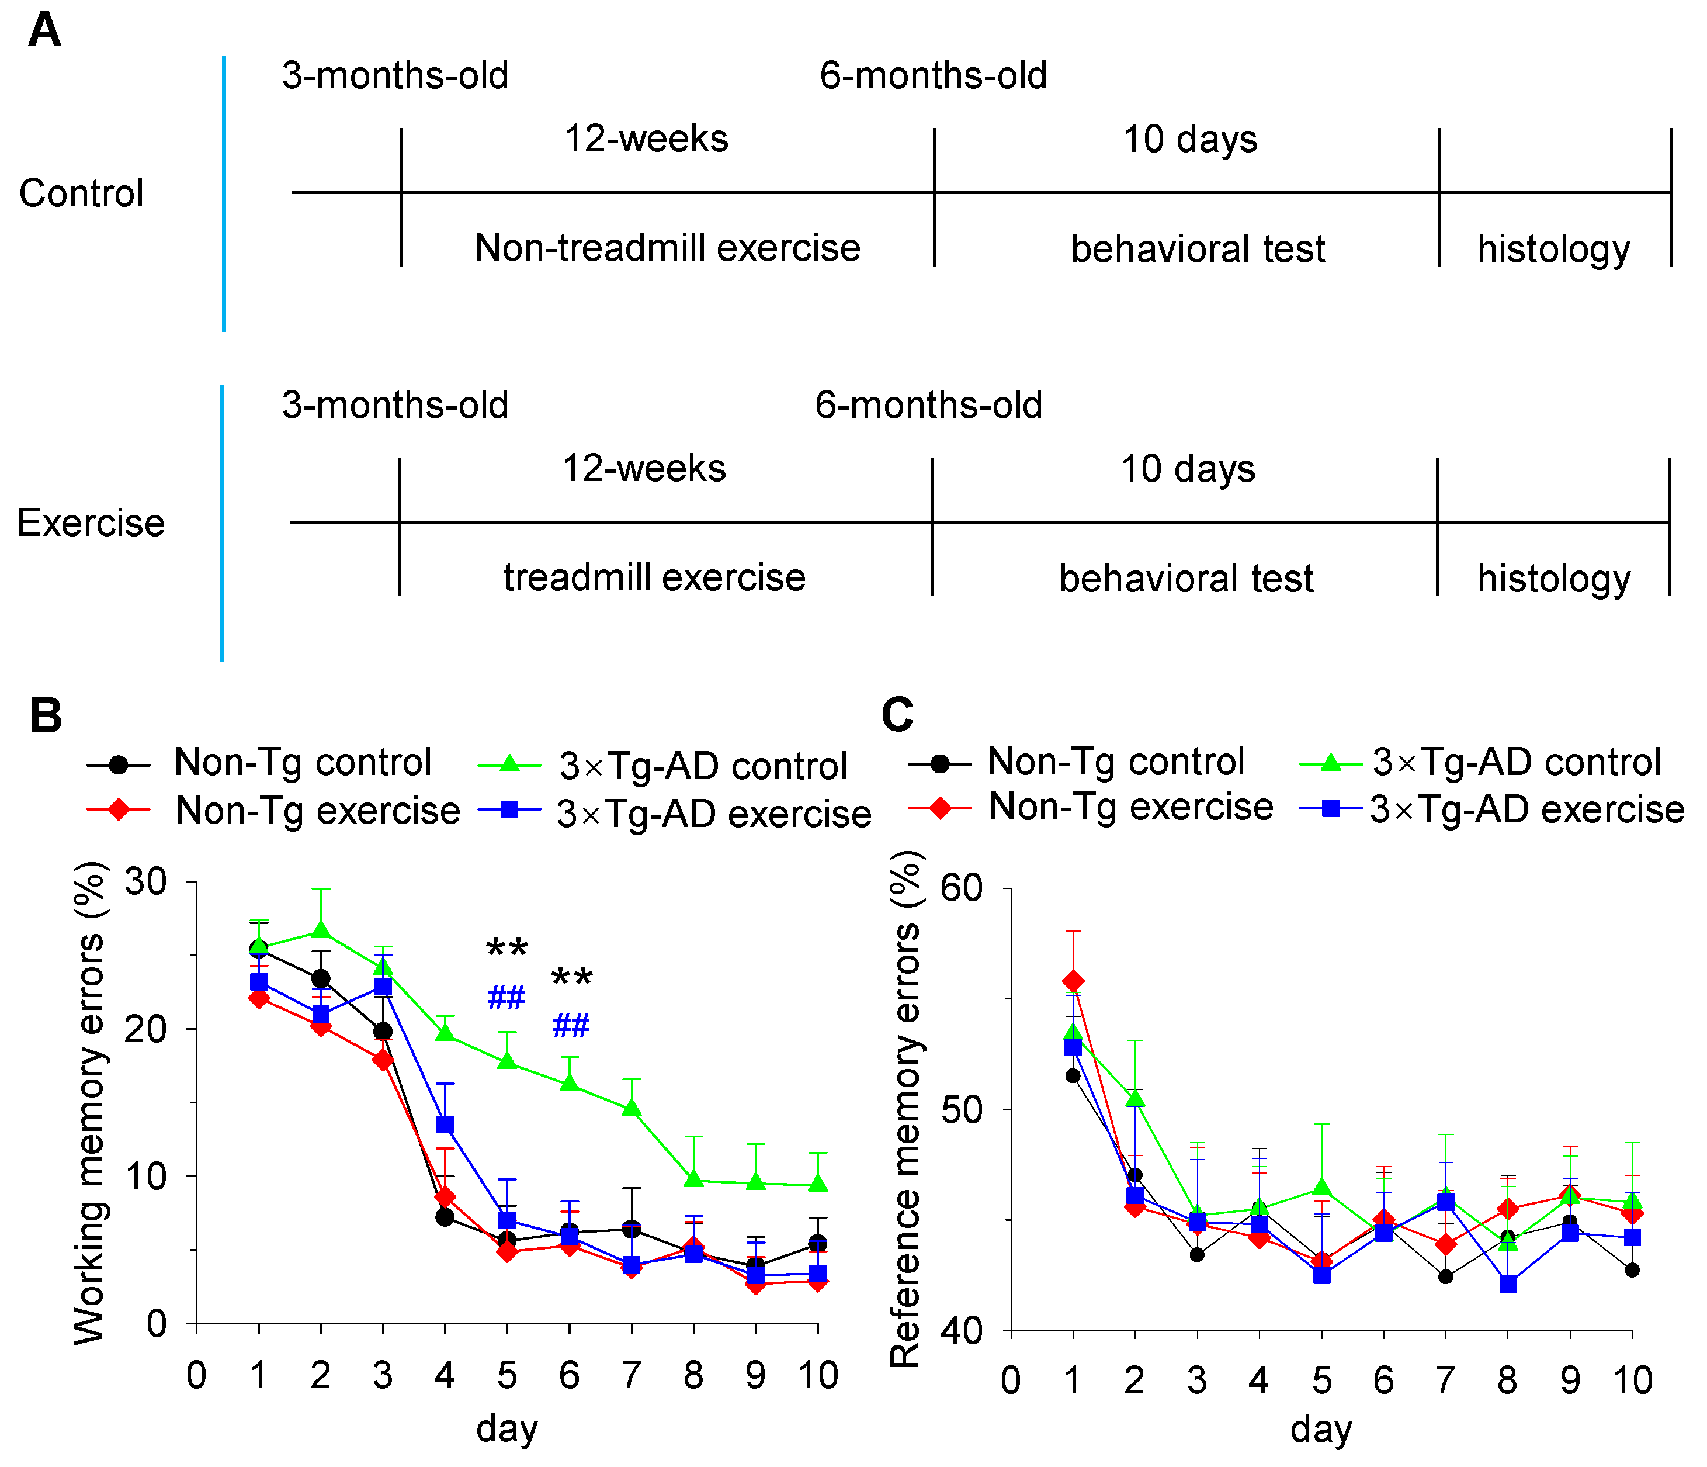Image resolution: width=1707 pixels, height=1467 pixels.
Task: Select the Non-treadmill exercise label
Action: [667, 248]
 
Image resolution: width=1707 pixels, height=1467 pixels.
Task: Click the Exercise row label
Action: [91, 523]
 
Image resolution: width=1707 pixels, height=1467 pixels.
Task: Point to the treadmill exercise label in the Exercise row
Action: [654, 577]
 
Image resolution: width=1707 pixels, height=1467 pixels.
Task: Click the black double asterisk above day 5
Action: [506, 949]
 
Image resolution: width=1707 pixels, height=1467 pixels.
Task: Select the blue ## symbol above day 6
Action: [570, 1026]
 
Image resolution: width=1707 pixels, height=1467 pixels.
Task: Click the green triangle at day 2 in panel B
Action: [321, 930]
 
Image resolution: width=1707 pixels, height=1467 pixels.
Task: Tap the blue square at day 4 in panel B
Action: [445, 1125]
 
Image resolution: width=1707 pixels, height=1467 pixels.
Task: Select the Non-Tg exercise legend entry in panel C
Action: [1130, 807]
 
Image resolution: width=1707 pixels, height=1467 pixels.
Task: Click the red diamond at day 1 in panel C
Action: [1073, 981]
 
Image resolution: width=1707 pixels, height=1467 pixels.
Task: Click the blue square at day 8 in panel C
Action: [1508, 1284]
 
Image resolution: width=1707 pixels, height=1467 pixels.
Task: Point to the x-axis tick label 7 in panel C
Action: [1445, 1380]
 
